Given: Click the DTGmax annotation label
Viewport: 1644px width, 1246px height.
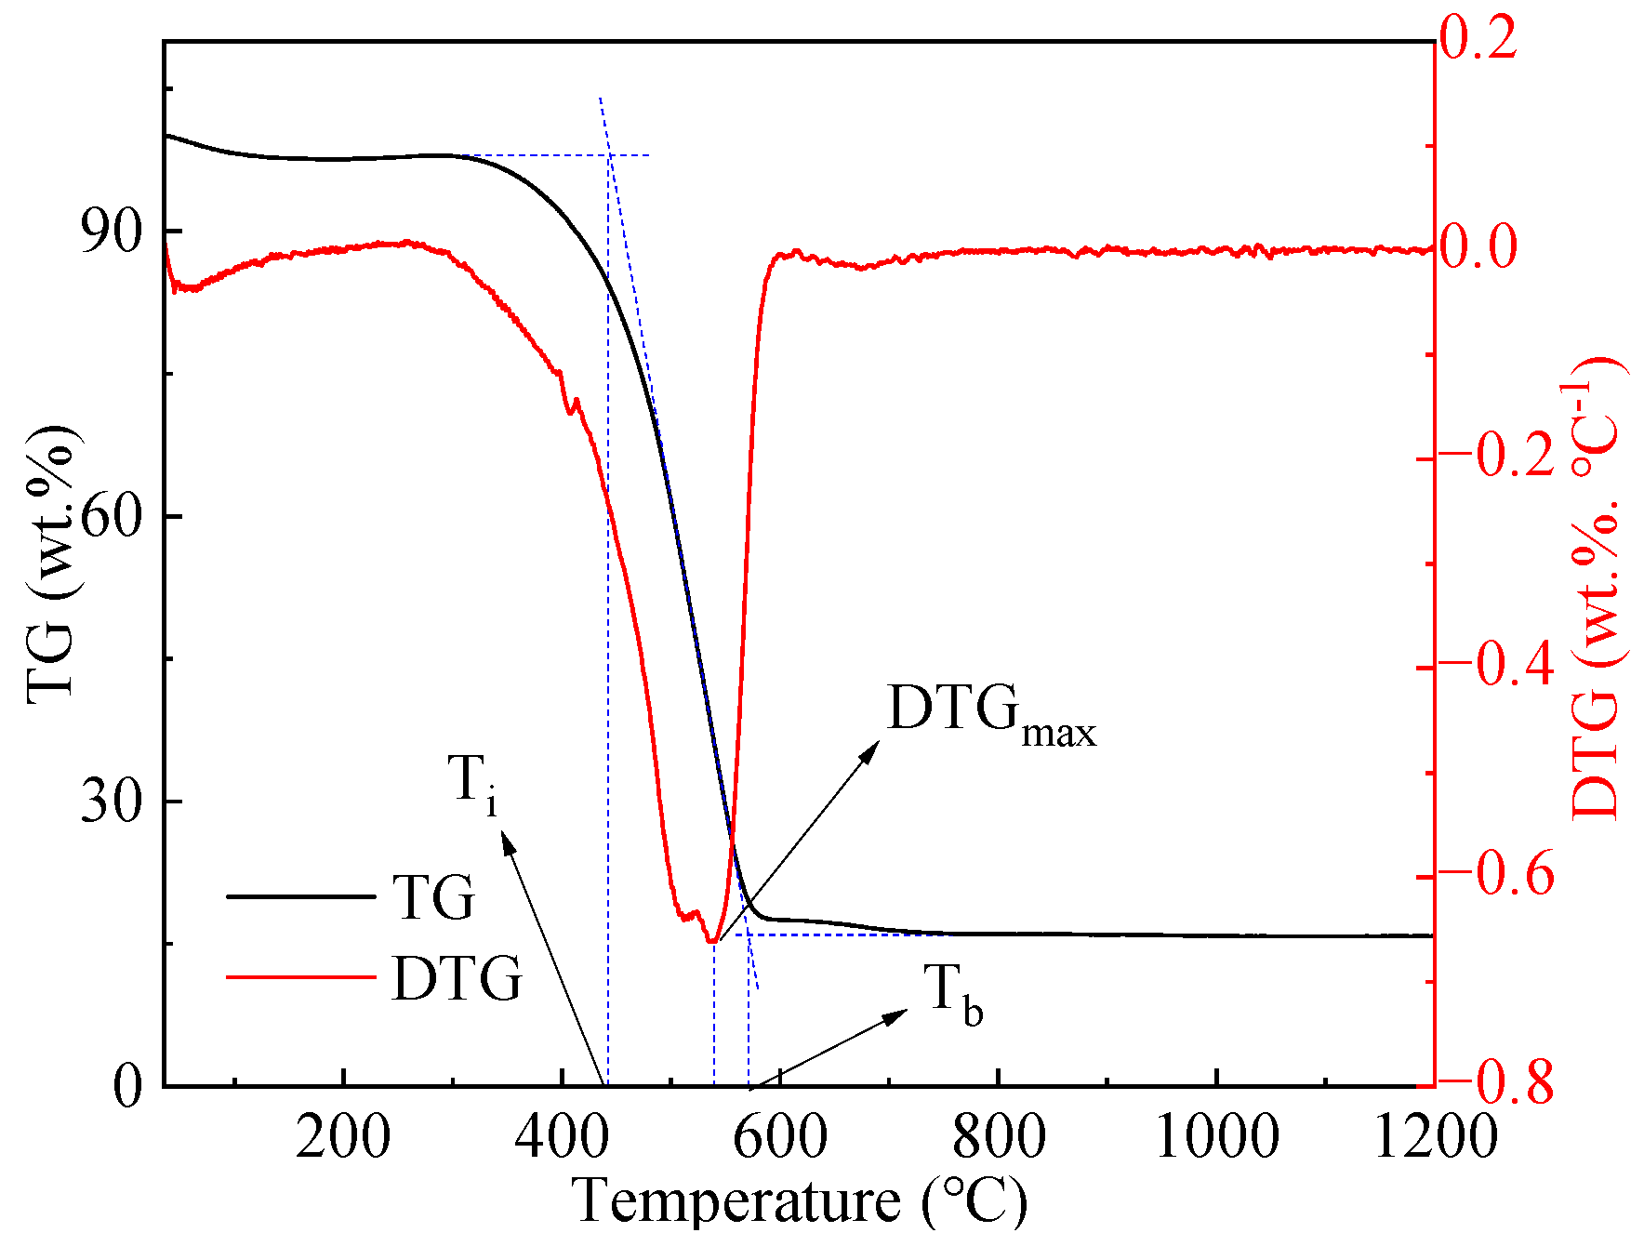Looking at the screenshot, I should coord(991,714).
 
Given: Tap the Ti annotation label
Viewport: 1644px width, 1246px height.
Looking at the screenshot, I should coord(472,783).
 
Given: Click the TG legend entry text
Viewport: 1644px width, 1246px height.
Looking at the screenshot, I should coord(433,898).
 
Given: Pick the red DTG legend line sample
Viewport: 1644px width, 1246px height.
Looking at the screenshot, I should coord(300,976).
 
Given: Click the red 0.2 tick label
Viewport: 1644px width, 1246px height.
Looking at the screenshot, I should coord(1478,39).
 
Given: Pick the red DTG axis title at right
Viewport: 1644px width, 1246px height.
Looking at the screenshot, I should coord(1596,588).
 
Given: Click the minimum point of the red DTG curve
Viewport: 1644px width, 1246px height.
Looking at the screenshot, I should coord(712,941).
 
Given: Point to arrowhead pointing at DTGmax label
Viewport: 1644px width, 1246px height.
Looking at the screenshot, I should coord(870,749).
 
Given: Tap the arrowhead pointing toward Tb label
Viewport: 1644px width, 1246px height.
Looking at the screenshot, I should coord(897,1014).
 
